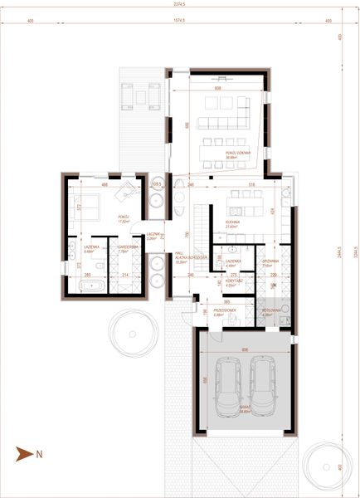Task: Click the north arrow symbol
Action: [x=23, y=454]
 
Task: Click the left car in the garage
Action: [x=226, y=389]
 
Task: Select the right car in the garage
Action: [x=262, y=389]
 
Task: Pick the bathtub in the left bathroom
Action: [x=90, y=286]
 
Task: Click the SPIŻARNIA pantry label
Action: [x=269, y=261]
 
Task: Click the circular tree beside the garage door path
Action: [x=134, y=331]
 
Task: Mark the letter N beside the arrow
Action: [x=37, y=454]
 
